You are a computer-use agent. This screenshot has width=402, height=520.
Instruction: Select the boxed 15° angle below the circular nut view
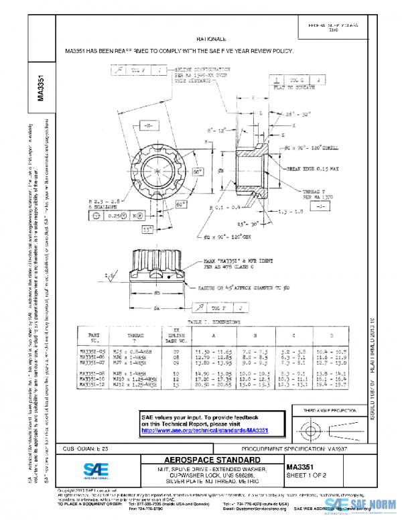tap(146, 229)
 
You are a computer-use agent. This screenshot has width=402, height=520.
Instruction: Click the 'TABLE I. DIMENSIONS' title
tap(209, 321)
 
